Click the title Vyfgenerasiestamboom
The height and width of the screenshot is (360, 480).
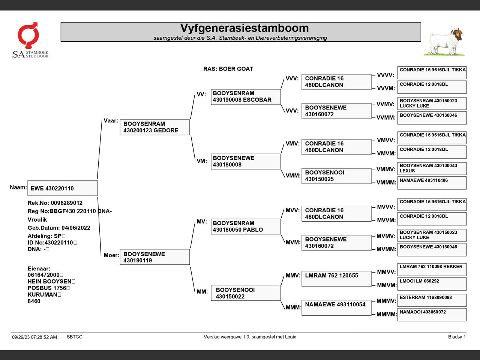click(244, 28)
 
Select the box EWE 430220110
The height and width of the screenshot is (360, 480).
click(62, 188)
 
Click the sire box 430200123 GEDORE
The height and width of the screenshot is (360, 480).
click(154, 127)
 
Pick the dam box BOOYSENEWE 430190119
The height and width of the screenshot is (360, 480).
click(154, 257)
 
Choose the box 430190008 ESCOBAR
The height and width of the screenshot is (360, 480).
click(246, 97)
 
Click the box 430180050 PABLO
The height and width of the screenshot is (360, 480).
click(246, 226)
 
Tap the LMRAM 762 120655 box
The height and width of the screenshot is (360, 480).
click(336, 279)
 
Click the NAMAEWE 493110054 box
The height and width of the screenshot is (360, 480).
click(336, 307)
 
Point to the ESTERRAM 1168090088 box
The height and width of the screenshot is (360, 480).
click(432, 300)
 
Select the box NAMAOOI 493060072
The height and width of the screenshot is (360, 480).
click(432, 315)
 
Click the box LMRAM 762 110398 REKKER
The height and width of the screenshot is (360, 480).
click(432, 269)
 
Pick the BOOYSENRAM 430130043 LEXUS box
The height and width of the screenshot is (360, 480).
click(432, 168)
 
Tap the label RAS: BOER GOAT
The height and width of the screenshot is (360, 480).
click(228, 69)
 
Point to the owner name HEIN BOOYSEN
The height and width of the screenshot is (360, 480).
click(49, 281)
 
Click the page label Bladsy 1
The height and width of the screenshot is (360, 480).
click(456, 337)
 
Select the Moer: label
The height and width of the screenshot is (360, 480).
click(111, 255)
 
